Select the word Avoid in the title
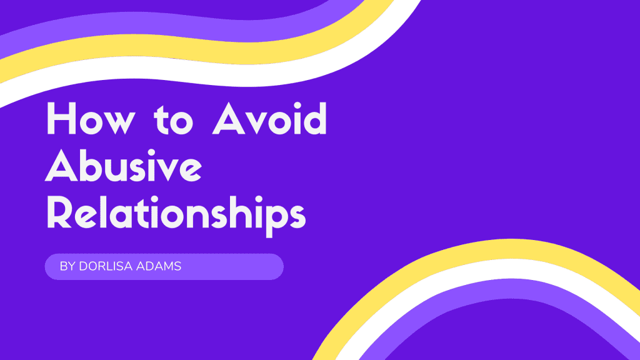269,118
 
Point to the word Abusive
123,165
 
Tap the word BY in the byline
67,266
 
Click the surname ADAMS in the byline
158,266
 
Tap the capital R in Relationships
59,212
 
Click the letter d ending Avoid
315,118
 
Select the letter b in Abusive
90,165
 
